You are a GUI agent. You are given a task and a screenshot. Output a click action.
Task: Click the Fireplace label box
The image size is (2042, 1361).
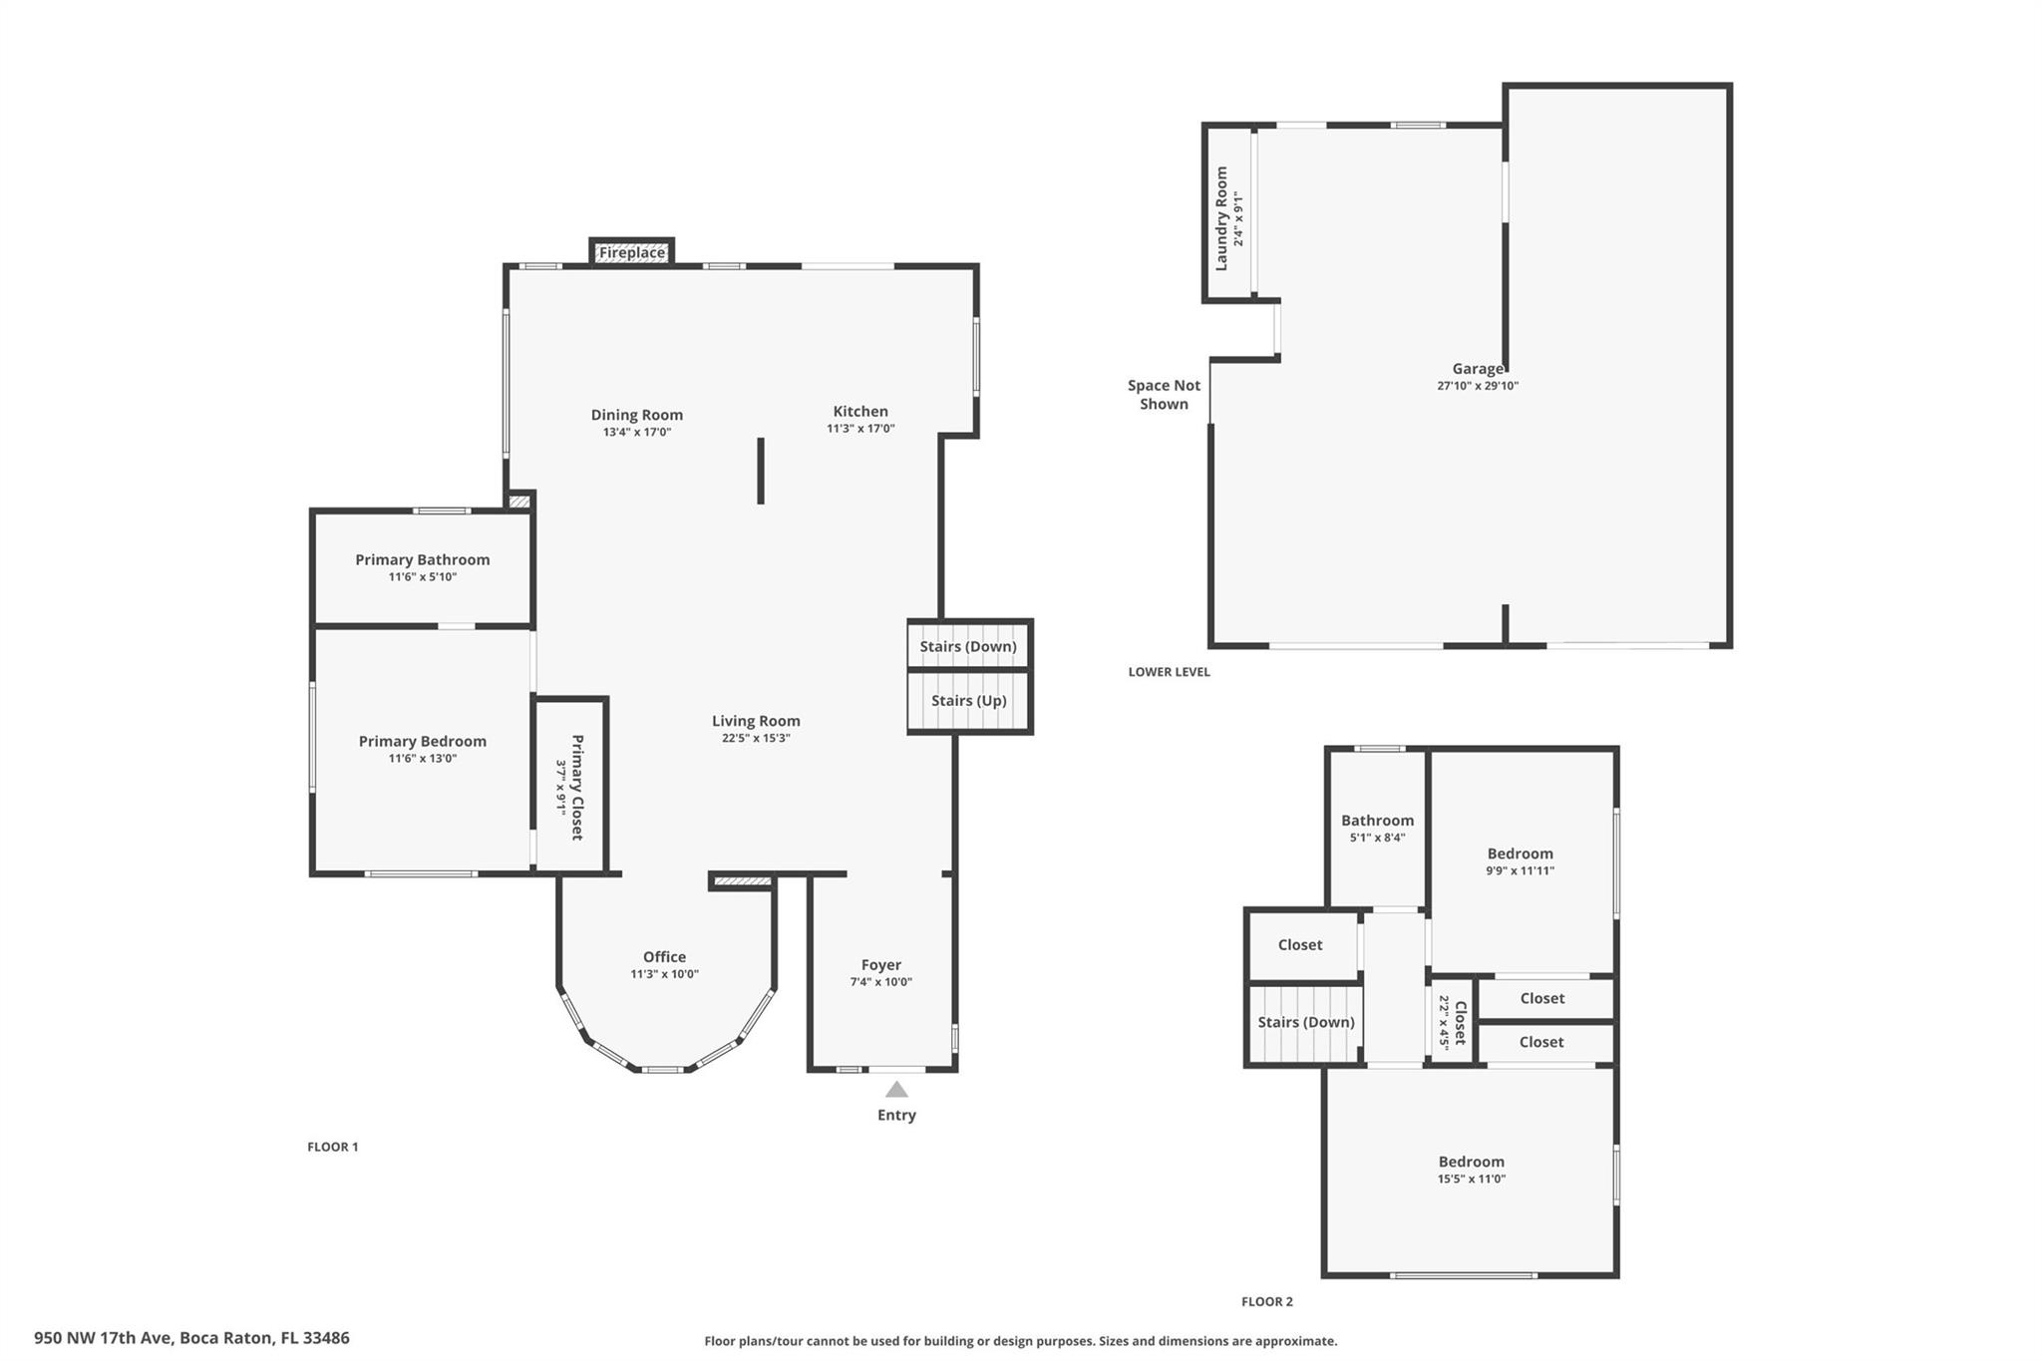pyautogui.click(x=632, y=252)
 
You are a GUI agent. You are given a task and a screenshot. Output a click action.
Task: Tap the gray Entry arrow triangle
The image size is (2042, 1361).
pyautogui.click(x=896, y=1089)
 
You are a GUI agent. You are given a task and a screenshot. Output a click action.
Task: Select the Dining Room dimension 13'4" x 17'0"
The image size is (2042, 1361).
pyautogui.click(x=637, y=432)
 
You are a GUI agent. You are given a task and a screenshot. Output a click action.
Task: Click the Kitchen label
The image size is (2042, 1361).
pyautogui.click(x=860, y=411)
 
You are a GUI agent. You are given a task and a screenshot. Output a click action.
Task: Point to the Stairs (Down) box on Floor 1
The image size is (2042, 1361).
pyautogui.click(x=969, y=645)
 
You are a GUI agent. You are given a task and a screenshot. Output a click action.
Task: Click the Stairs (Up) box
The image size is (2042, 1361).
pyautogui.click(x=969, y=701)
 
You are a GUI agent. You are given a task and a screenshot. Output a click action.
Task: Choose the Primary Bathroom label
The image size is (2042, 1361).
pyautogui.click(x=423, y=559)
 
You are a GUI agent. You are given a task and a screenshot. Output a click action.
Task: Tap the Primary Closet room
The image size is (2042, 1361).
pyautogui.click(x=571, y=786)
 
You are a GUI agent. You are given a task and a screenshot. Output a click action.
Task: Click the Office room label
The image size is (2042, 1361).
pyautogui.click(x=664, y=956)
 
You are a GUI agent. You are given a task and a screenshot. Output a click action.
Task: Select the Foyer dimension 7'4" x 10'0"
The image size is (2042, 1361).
pyautogui.click(x=881, y=981)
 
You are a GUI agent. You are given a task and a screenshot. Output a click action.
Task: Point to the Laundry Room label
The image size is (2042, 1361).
pyautogui.click(x=1221, y=218)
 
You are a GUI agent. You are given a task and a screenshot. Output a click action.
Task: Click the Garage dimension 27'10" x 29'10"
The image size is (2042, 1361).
pyautogui.click(x=1478, y=386)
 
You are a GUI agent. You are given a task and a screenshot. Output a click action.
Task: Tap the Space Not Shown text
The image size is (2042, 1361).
pyautogui.click(x=1164, y=394)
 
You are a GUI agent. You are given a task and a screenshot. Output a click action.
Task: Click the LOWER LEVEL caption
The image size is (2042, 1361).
pyautogui.click(x=1170, y=672)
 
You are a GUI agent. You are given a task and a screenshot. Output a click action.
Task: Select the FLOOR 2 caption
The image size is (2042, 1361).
pyautogui.click(x=1267, y=1301)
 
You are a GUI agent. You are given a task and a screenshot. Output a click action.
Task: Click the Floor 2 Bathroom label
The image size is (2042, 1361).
pyautogui.click(x=1377, y=821)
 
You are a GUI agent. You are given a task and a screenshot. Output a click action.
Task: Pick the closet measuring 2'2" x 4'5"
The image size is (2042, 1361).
pyautogui.click(x=1452, y=1022)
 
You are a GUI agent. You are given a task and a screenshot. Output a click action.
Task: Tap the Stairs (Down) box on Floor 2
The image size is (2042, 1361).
pyautogui.click(x=1305, y=1024)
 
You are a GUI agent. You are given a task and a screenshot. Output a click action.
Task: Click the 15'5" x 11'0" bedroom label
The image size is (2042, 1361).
pyautogui.click(x=1472, y=1162)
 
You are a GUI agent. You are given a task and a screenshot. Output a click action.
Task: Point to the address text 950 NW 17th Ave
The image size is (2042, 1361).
pyautogui.click(x=104, y=1338)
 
